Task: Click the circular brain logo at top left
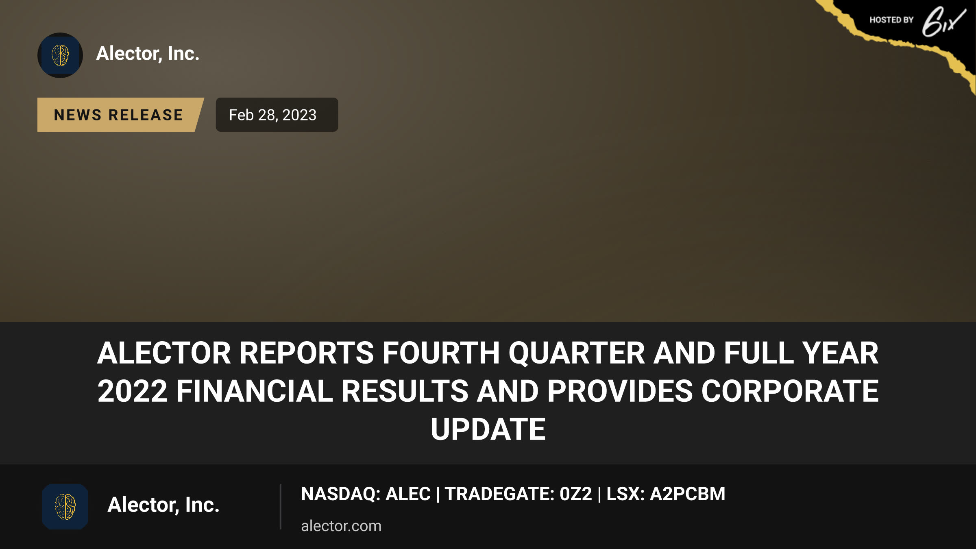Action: coord(60,55)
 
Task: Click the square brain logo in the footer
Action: coord(65,507)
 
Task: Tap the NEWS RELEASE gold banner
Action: coord(120,115)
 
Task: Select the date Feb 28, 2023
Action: coord(272,115)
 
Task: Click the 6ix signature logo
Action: coord(943,22)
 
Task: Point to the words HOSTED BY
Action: coord(891,20)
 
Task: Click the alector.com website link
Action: coord(341,526)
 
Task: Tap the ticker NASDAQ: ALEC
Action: coord(366,494)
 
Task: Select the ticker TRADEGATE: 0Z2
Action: coord(518,494)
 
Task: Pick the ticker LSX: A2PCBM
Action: coord(666,494)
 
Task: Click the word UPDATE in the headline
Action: coord(488,429)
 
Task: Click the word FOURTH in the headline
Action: coord(441,353)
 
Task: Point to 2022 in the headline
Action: coord(132,391)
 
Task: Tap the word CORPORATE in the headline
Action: coord(790,391)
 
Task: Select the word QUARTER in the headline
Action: coord(577,353)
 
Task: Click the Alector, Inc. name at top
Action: coord(148,53)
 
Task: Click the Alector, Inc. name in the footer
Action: coord(163,505)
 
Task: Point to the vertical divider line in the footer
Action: coord(281,507)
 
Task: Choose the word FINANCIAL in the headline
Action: coord(255,391)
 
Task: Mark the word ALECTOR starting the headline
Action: coord(164,353)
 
